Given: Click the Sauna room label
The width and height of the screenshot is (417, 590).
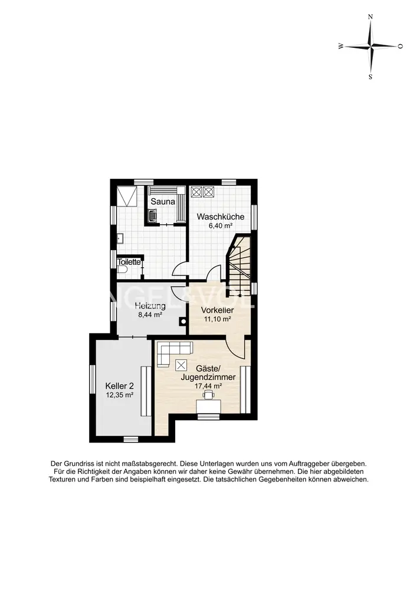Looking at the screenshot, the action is tap(163, 202).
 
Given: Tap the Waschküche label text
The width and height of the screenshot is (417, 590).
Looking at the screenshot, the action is tap(221, 217).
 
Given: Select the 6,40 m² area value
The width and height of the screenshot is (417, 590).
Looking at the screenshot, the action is tap(221, 226).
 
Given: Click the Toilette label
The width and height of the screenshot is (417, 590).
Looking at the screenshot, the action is tap(129, 262).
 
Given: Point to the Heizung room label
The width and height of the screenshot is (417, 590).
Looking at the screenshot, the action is tap(150, 306).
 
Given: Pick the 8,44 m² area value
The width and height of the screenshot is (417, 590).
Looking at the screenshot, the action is tap(150, 315).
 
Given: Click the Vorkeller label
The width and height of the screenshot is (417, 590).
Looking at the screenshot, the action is tap(217, 310).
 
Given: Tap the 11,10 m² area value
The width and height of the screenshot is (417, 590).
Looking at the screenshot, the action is tap(217, 319).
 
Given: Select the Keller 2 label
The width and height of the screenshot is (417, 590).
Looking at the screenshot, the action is tap(120, 386).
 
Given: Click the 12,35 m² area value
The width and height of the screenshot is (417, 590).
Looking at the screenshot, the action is tap(120, 395).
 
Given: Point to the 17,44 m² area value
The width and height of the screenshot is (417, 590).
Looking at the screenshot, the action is tap(208, 386).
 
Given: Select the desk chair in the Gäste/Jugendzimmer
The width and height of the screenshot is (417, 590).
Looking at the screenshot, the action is tap(209, 394).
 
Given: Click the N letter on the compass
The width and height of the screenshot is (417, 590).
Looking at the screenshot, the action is tap(370, 17).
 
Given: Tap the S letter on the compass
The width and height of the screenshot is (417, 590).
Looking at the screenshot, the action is tap(370, 77).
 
